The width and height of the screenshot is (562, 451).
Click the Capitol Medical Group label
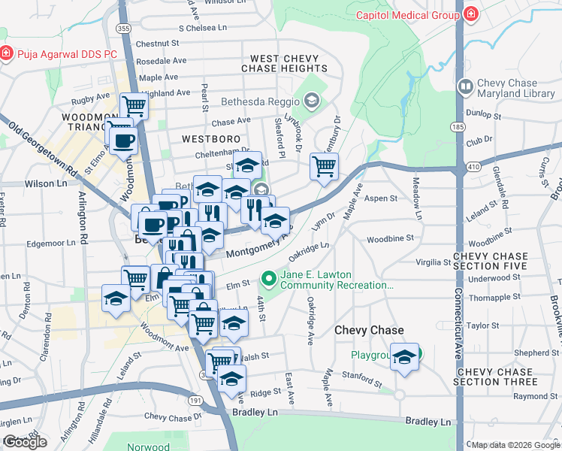point(406,14)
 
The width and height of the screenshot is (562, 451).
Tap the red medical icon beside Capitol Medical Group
point(470,14)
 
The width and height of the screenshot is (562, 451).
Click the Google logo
point(25,442)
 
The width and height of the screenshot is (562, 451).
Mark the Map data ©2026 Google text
point(515,445)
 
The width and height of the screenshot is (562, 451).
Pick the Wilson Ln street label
point(45,183)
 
